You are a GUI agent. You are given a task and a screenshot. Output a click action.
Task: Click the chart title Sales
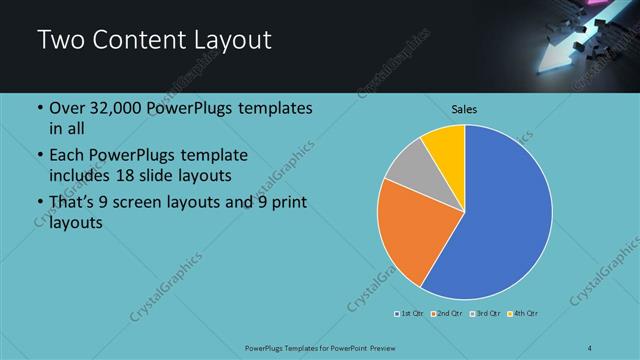pyautogui.click(x=464, y=108)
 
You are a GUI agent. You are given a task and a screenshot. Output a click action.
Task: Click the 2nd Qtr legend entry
pyautogui.click(x=445, y=314)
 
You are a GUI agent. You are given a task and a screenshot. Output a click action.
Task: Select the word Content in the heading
pyautogui.click(x=136, y=41)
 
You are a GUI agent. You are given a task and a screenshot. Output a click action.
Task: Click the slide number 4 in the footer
pyautogui.click(x=590, y=347)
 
